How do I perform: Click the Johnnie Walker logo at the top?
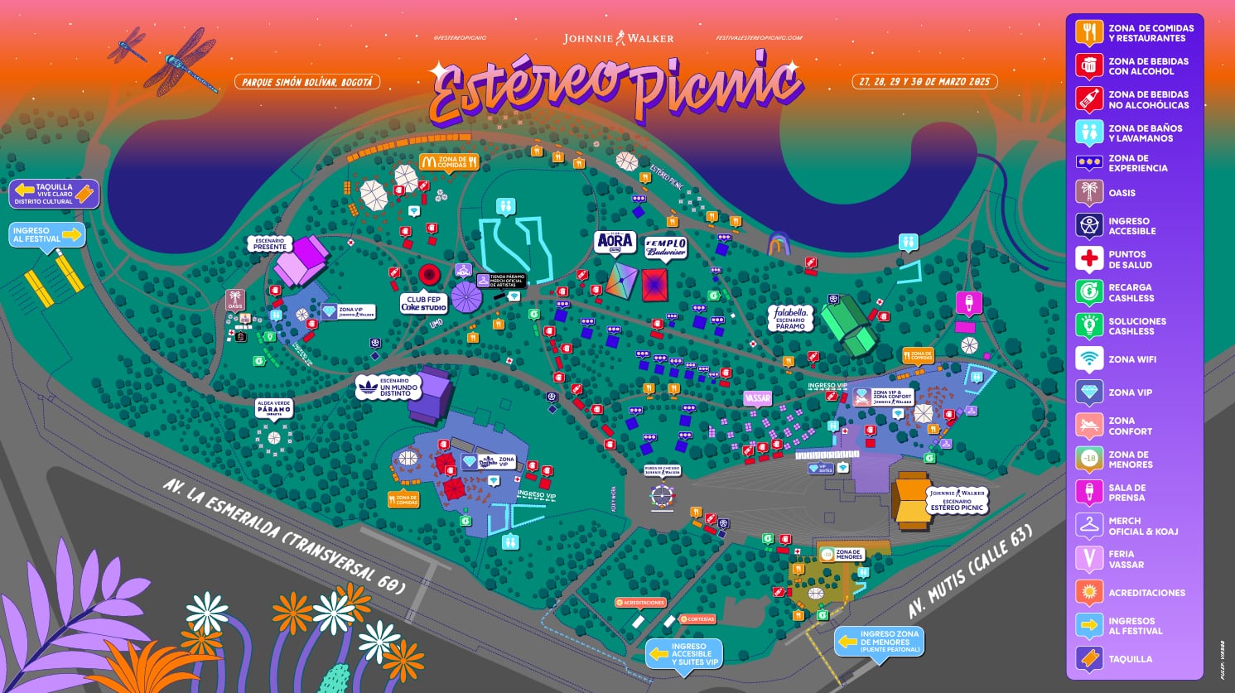[x=618, y=38]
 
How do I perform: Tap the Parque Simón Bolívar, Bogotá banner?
[x=307, y=82]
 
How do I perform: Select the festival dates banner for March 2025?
[x=924, y=82]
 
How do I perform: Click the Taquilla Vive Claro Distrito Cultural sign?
[x=54, y=194]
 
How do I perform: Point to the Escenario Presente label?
[x=270, y=243]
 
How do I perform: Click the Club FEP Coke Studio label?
[x=423, y=303]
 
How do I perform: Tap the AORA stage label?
[x=615, y=242]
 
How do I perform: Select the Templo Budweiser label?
[x=666, y=248]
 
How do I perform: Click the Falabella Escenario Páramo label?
[x=790, y=318]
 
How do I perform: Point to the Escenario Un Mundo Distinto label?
[x=389, y=387]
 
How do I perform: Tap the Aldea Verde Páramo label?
[x=273, y=408]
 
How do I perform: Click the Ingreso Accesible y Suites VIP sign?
[x=684, y=654]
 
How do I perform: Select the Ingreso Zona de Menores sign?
[x=880, y=641]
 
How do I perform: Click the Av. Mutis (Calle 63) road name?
[x=970, y=571]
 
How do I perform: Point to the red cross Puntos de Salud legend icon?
[x=1089, y=259]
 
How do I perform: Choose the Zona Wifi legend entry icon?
[x=1089, y=359]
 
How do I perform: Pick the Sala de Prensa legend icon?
[x=1089, y=493]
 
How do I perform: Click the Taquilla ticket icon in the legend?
[x=1089, y=659]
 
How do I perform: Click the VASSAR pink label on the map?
[x=757, y=398]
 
